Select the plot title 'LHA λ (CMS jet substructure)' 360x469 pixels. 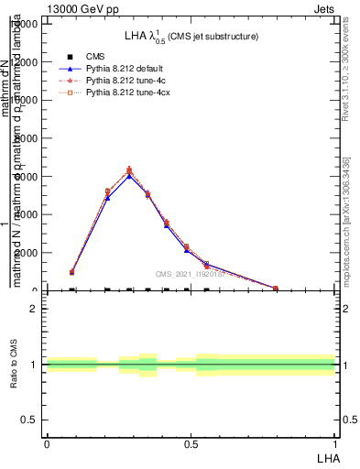pos(191,37)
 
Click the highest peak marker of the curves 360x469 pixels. pos(129,170)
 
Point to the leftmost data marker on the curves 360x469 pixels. pos(71,272)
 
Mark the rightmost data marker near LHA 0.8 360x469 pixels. pos(276,289)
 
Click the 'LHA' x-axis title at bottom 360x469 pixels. pos(327,457)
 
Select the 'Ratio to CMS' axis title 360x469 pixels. pos(14,364)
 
